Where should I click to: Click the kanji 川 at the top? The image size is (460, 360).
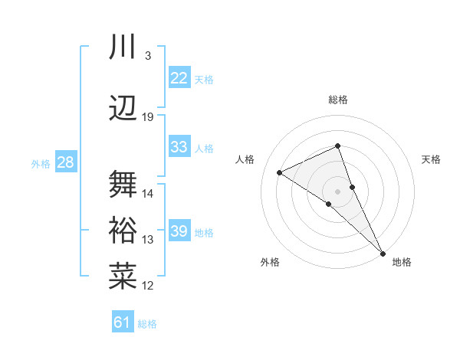pyautogui.click(x=123, y=47)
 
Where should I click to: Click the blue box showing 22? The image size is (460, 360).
pyautogui.click(x=179, y=78)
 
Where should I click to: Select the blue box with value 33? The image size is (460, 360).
pyautogui.click(x=179, y=147)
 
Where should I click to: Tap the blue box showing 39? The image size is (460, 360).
pyautogui.click(x=179, y=231)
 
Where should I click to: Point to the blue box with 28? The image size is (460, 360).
pyautogui.click(x=65, y=162)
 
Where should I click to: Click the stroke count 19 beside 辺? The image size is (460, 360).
pyautogui.click(x=148, y=116)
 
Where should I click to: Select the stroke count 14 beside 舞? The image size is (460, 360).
pyautogui.click(x=148, y=193)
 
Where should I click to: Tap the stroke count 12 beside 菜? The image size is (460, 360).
pyautogui.click(x=148, y=285)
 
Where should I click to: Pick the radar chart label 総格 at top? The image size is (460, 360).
pyautogui.click(x=337, y=100)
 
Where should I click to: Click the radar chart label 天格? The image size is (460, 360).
pyautogui.click(x=431, y=159)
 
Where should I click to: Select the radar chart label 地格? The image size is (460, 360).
pyautogui.click(x=402, y=262)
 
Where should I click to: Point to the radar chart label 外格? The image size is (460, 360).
pyautogui.click(x=270, y=262)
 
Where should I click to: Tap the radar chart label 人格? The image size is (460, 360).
pyautogui.click(x=245, y=159)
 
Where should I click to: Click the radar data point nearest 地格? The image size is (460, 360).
pyautogui.click(x=383, y=252)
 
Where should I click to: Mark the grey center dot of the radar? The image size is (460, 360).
pyautogui.click(x=337, y=190)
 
